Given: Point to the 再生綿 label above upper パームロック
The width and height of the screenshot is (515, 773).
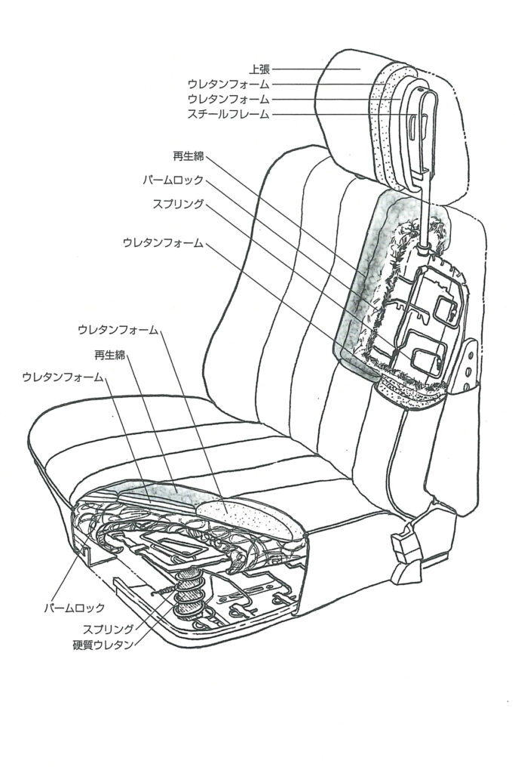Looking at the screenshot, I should [189, 156].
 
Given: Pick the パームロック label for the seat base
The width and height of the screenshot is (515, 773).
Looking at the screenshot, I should [72, 607].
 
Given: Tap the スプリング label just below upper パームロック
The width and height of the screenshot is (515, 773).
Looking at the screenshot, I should [178, 204].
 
